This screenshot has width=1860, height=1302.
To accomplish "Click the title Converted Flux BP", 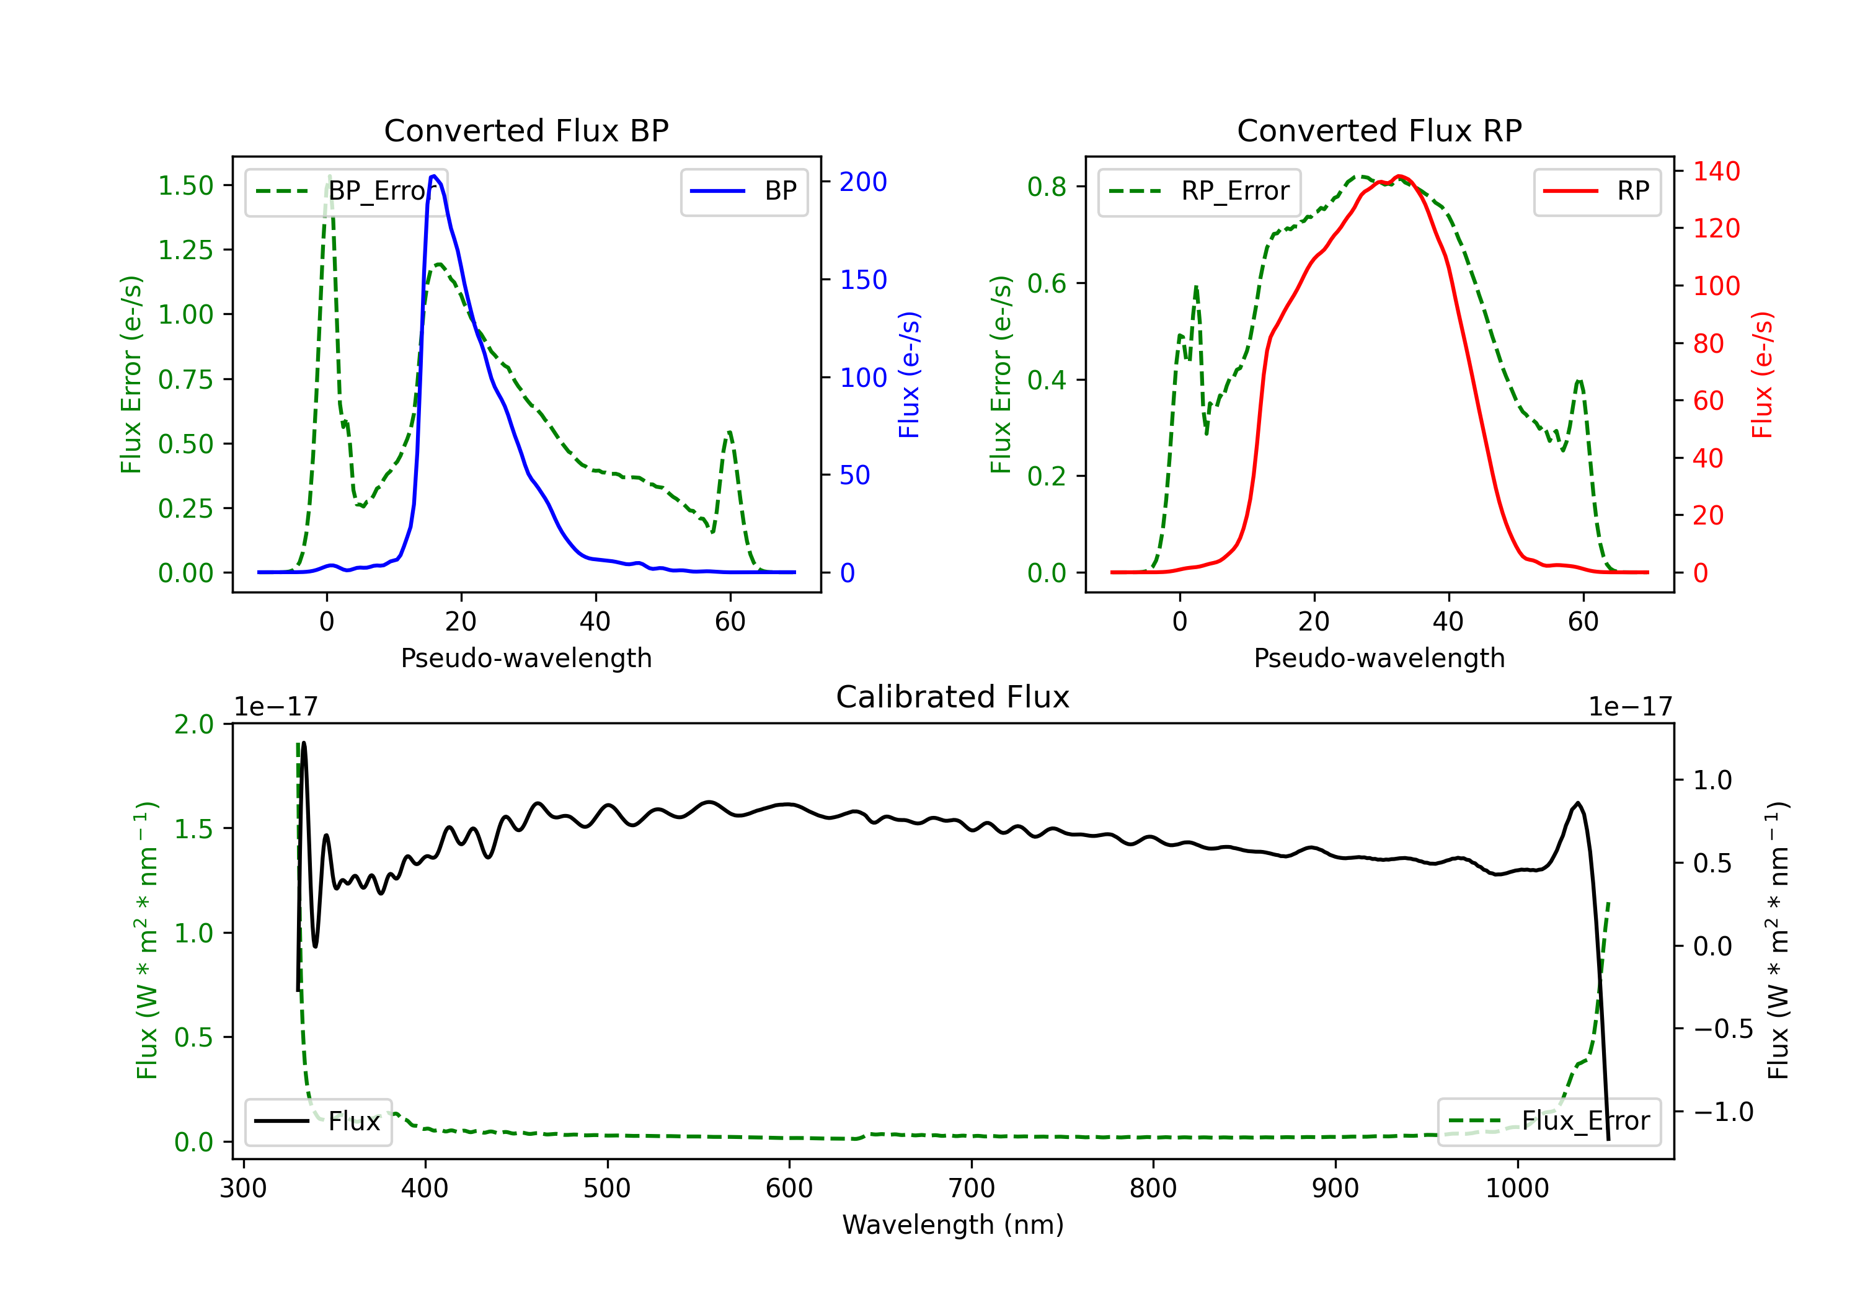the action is tap(526, 130).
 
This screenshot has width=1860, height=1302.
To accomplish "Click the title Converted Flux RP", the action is tap(1379, 130).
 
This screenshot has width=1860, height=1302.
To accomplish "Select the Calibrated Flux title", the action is tap(953, 697).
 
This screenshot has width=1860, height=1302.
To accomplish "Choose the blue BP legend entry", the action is tap(743, 191).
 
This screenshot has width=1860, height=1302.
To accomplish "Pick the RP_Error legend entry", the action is tap(1199, 191).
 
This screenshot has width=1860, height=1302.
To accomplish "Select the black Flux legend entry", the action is tap(317, 1122).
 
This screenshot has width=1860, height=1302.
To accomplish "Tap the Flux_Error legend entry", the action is tap(1549, 1122).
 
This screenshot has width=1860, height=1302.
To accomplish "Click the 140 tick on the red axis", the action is tap(1716, 171).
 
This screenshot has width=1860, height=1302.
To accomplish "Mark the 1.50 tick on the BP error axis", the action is tap(185, 185).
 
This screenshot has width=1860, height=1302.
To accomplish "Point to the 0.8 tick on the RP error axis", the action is tap(1047, 187).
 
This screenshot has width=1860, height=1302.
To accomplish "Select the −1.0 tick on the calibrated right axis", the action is tap(1723, 1111).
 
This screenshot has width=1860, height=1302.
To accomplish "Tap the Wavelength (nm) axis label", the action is tap(953, 1224).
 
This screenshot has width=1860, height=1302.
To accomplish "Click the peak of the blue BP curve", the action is tap(434, 176).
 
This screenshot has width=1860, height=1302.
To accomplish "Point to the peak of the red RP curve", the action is tap(1399, 176).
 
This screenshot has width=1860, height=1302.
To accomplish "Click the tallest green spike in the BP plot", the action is tap(329, 177).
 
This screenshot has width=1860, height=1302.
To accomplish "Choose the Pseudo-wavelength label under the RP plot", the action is tap(1379, 658).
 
